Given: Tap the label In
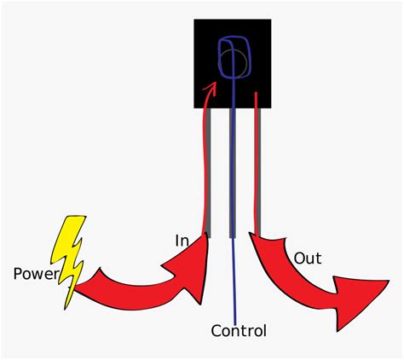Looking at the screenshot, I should [182, 241].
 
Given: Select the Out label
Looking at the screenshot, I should [307, 258].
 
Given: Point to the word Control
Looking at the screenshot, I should [239, 331].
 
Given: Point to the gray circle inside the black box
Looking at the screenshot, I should [236, 61].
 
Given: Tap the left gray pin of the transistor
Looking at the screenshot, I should [207, 171].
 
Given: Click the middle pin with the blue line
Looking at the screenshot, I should [233, 171].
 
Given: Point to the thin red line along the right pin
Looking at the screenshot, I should [257, 154].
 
